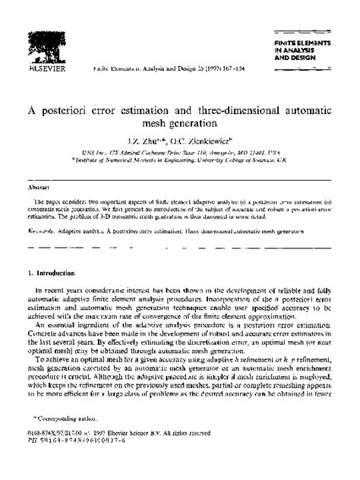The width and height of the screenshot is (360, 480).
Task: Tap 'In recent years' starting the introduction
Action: pyautogui.click(x=58, y=291)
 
